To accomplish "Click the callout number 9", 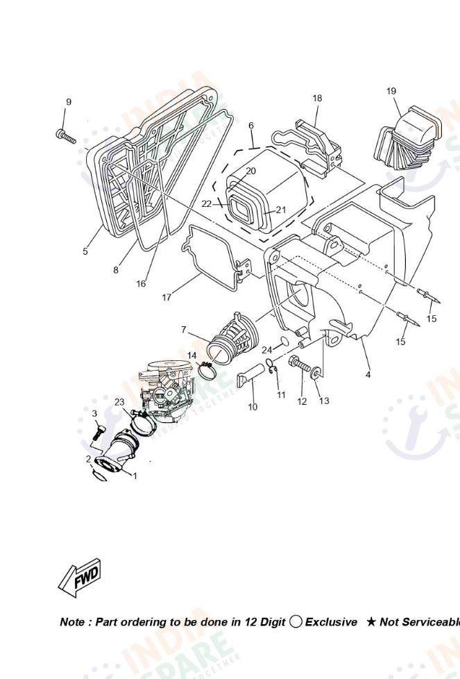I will pyautogui.click(x=68, y=102).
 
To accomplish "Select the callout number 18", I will pyautogui.click(x=317, y=98).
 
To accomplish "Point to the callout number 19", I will pyautogui.click(x=391, y=91).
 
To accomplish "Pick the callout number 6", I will pyautogui.click(x=251, y=126).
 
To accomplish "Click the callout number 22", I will pyautogui.click(x=206, y=204).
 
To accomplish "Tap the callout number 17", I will pyautogui.click(x=167, y=297).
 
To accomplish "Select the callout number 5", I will pyautogui.click(x=85, y=251).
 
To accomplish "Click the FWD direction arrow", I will pyautogui.click(x=80, y=576).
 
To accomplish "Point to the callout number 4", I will pyautogui.click(x=368, y=375).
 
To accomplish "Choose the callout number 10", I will pyautogui.click(x=253, y=407).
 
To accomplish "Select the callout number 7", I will pyautogui.click(x=184, y=330).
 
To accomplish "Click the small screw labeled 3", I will pyautogui.click(x=97, y=432).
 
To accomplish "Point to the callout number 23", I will pyautogui.click(x=119, y=402).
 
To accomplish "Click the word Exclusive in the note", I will pyautogui.click(x=331, y=622).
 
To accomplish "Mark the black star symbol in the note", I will pyautogui.click(x=371, y=622).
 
